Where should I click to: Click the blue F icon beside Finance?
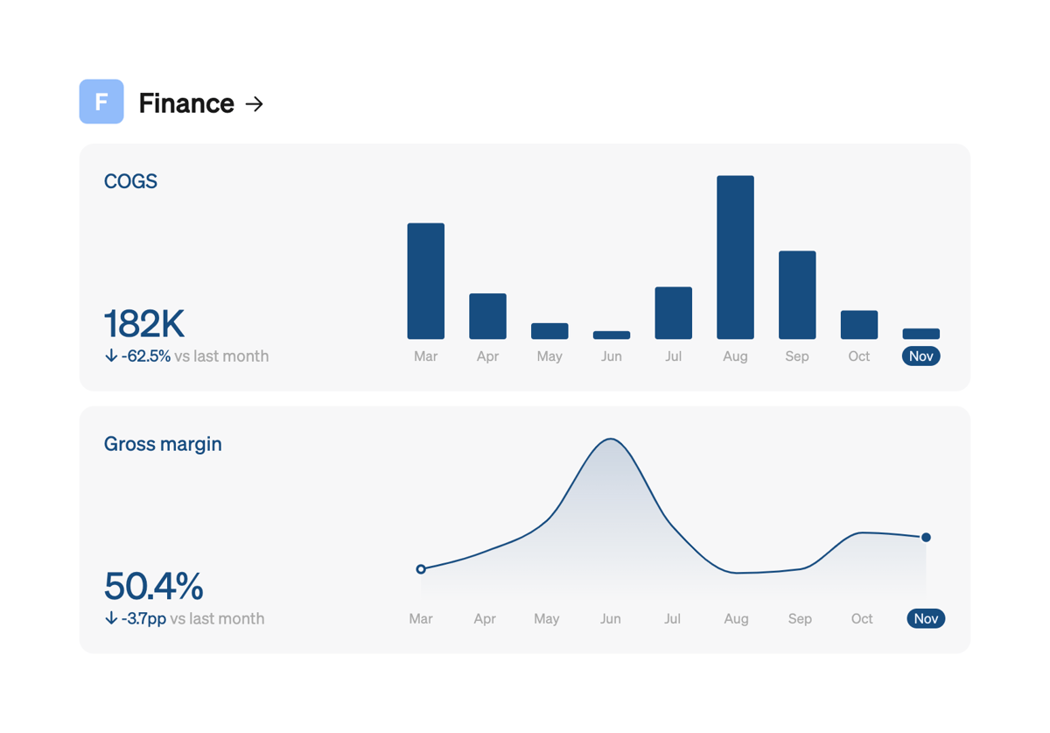(101, 102)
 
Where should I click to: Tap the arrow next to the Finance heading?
(255, 104)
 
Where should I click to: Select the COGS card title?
(130, 181)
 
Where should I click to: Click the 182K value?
(144, 324)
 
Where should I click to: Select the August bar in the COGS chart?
(735, 257)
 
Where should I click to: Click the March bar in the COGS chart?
(426, 281)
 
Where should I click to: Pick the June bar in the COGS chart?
(612, 335)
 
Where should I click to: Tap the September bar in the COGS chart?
(797, 295)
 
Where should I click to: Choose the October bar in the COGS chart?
(859, 325)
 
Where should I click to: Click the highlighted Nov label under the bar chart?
(920, 356)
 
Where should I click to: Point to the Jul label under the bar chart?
(673, 356)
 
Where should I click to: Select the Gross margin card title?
(163, 444)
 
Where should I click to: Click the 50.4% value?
(154, 586)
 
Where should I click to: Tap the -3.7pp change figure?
(143, 619)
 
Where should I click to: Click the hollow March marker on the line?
(421, 569)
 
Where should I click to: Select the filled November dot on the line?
(926, 538)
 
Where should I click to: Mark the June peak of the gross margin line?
(611, 439)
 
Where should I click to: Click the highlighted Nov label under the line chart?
(926, 619)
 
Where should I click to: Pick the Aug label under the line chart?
(736, 619)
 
